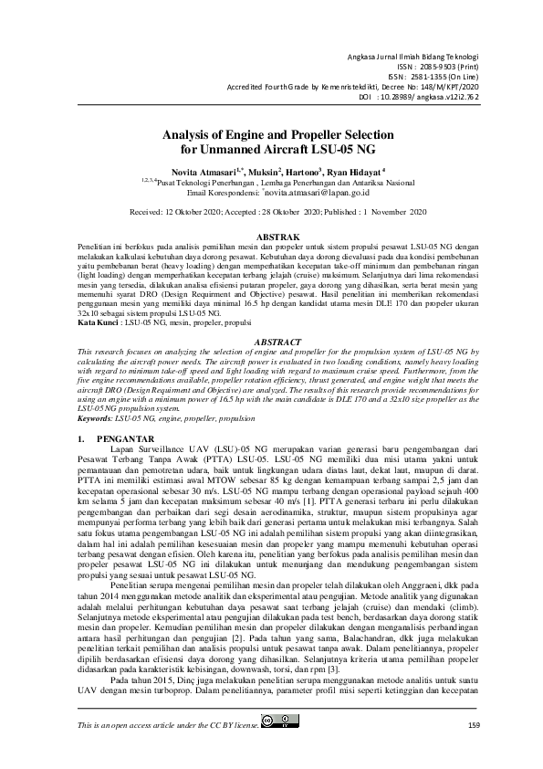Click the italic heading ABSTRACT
[271, 340]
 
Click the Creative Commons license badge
[279, 749]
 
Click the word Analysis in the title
[190, 133]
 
